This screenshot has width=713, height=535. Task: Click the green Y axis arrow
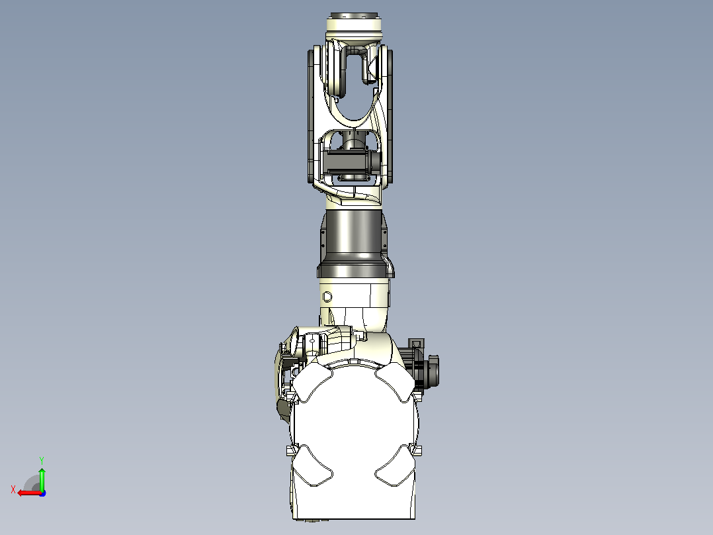click(x=42, y=479)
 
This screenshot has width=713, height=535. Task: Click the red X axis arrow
click(x=30, y=493)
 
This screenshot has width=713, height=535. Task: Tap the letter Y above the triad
click(x=42, y=460)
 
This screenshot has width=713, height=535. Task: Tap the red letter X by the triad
click(x=13, y=489)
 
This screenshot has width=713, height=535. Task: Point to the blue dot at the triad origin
click(x=42, y=493)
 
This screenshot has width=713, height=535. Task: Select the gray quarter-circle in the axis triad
click(x=32, y=483)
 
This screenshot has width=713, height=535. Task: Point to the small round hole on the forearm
click(x=327, y=297)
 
